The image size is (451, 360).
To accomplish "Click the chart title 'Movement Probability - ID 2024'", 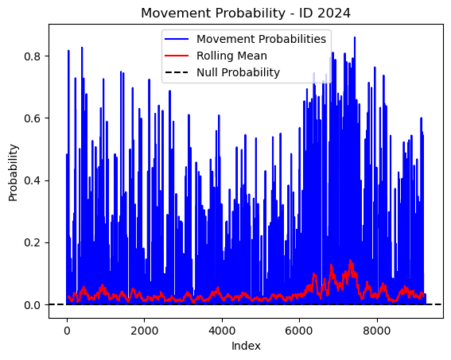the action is [246, 14].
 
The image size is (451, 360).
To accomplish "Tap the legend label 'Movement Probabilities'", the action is [261, 39].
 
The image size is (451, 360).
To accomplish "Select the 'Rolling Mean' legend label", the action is [231, 56].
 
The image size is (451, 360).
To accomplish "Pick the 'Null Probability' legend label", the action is [238, 72].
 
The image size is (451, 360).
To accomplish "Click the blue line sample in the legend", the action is [177, 39].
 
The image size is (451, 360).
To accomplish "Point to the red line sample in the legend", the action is [177, 56].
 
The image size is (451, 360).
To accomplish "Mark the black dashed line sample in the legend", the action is [177, 72].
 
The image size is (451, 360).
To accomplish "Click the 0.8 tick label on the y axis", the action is [32, 56].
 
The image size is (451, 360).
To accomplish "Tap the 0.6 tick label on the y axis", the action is [32, 118].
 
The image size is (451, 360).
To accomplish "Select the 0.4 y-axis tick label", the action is [32, 180].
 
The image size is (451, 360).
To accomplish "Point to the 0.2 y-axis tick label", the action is [32, 242].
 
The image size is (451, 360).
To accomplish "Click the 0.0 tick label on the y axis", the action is [32, 305].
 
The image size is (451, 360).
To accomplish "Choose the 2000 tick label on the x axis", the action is [145, 331].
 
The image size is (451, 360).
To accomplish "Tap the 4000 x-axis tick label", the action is [222, 331].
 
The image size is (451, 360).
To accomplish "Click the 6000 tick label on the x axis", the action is [299, 331].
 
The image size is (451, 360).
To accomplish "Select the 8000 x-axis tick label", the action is [376, 331].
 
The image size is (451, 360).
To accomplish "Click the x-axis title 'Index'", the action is [246, 346].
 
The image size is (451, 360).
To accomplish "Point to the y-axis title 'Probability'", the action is [14, 172].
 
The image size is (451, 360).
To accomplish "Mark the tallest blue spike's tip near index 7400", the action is [355, 37].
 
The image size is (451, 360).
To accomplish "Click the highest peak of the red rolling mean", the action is [350, 261].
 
